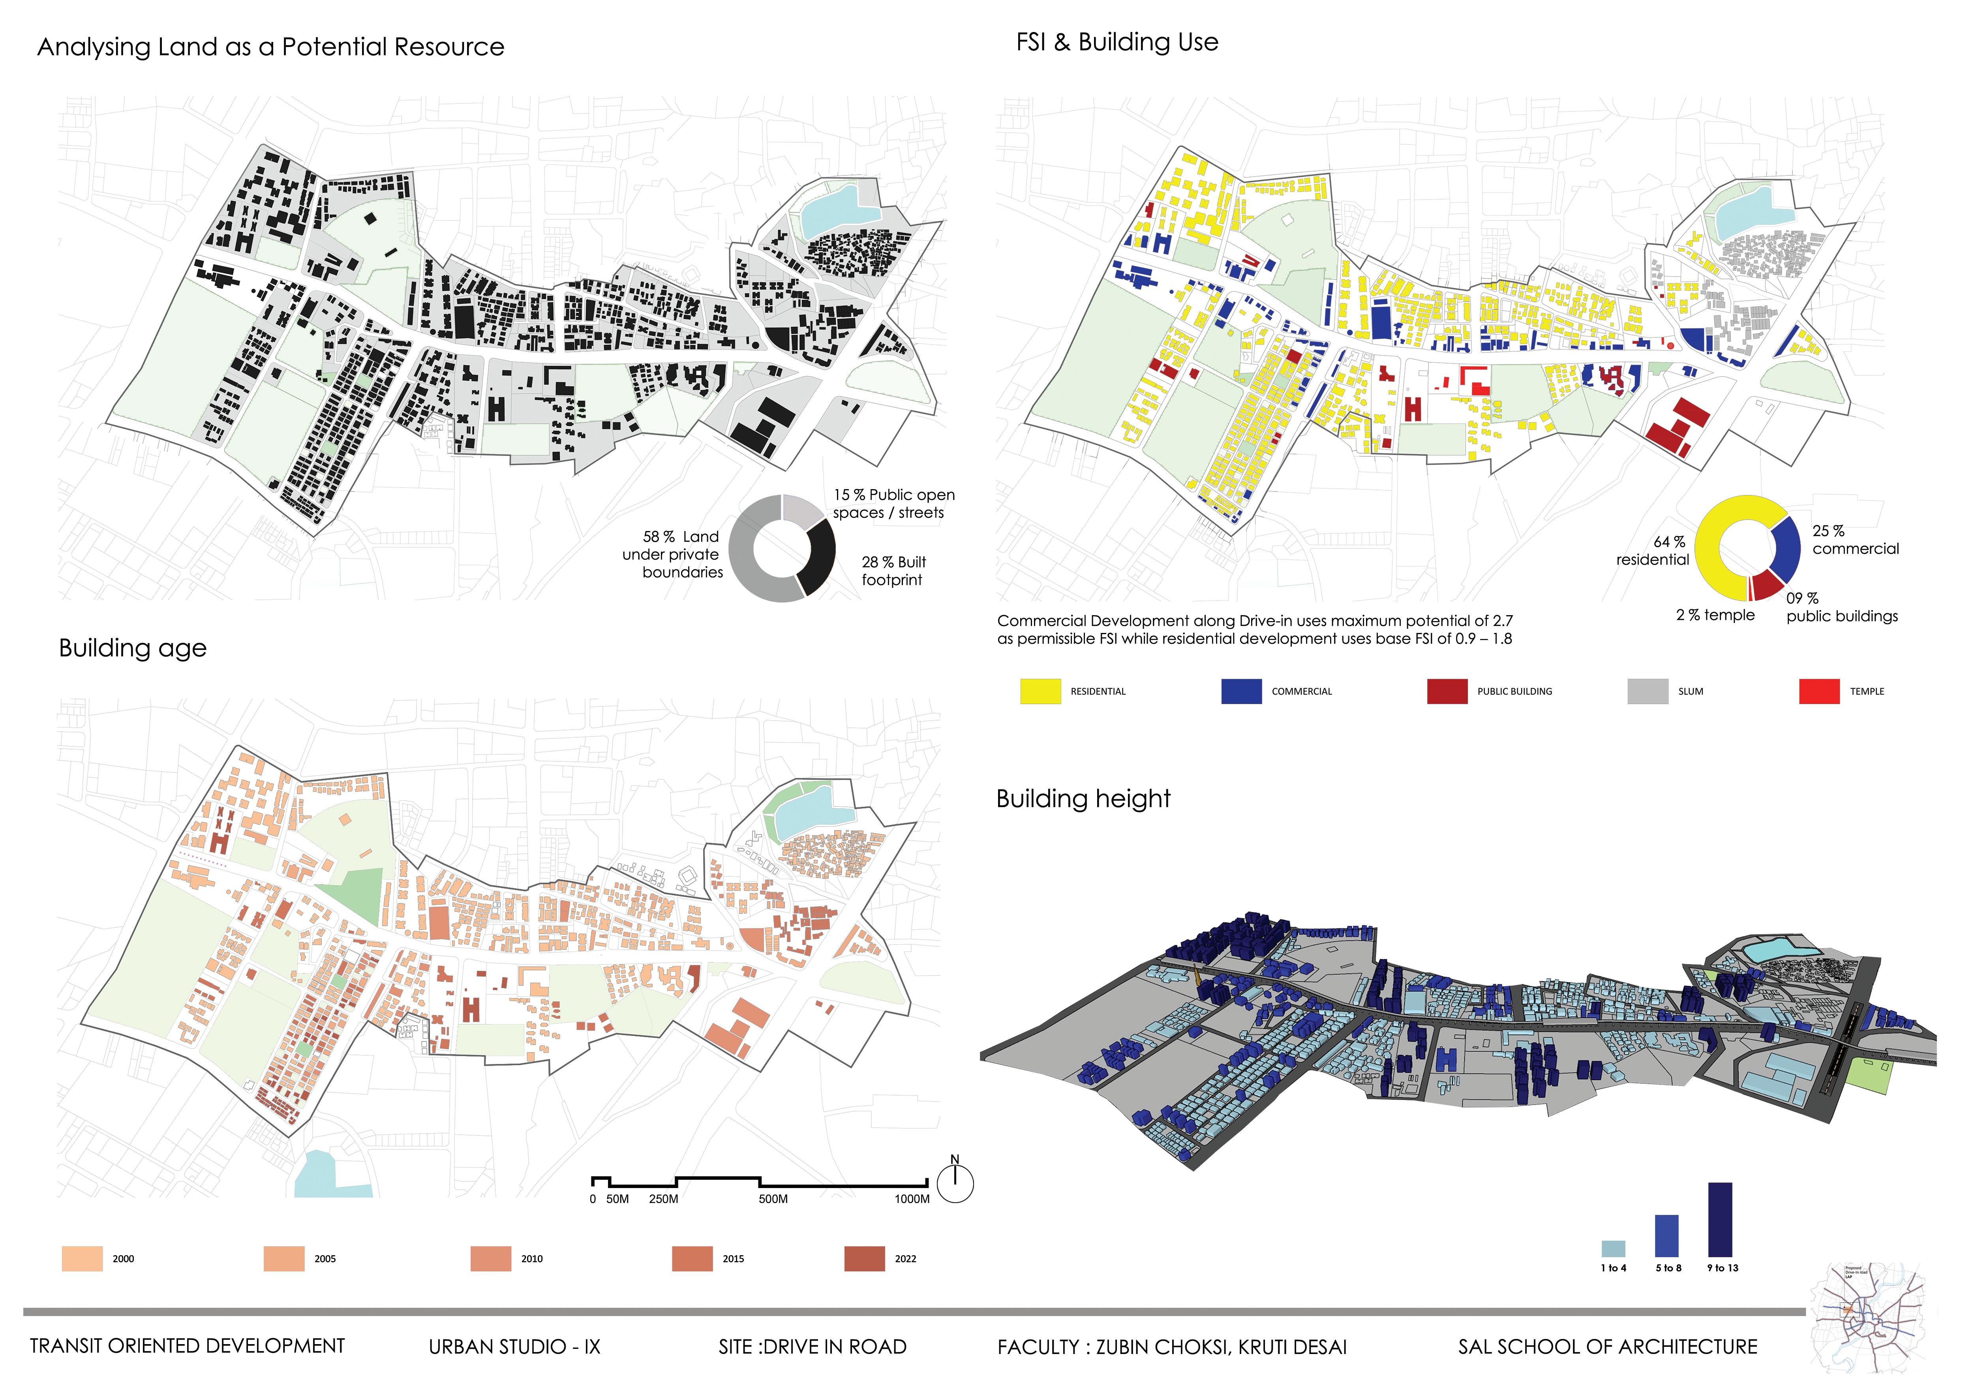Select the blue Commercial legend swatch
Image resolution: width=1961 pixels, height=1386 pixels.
coord(1241,691)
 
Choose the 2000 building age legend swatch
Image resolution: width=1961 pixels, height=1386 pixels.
coord(82,1259)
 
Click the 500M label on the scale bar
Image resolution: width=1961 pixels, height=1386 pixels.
coord(773,1199)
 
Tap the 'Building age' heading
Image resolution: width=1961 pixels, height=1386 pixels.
coord(132,648)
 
